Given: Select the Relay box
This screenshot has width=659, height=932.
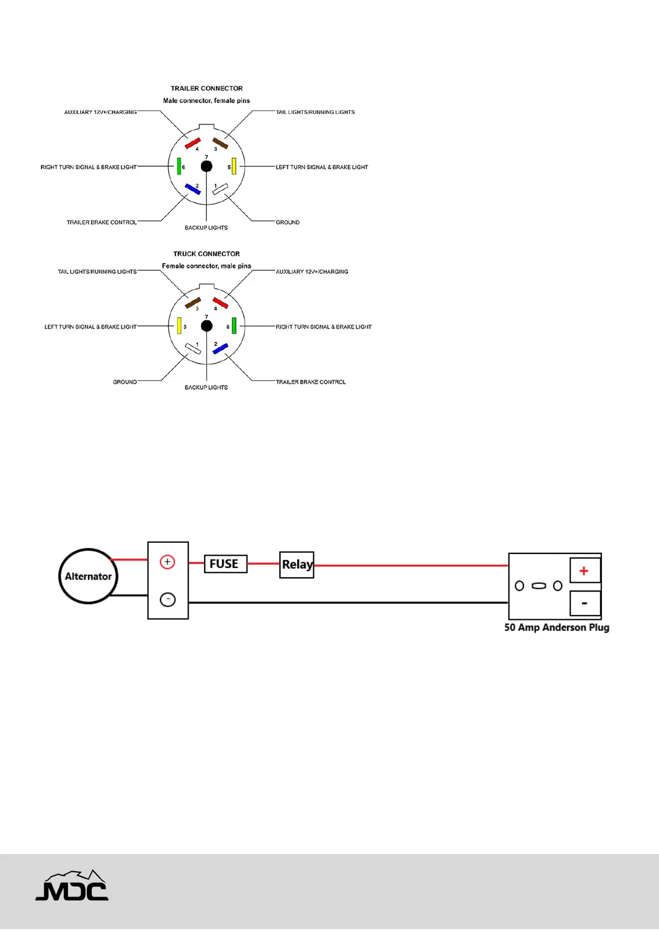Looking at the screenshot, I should pyautogui.click(x=297, y=565).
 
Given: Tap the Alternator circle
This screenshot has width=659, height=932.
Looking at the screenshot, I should pyautogui.click(x=88, y=576).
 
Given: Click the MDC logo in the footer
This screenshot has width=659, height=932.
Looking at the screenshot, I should pyautogui.click(x=72, y=886).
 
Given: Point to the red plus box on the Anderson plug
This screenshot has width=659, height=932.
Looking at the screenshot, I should pyautogui.click(x=584, y=571).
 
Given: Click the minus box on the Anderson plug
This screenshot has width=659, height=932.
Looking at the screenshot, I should pyautogui.click(x=584, y=603).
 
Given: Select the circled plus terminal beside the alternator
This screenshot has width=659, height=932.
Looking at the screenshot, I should pyautogui.click(x=167, y=562).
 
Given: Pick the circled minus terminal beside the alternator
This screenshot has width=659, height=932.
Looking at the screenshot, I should pyautogui.click(x=168, y=599).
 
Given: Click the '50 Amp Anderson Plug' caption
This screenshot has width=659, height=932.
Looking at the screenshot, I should pyautogui.click(x=557, y=628).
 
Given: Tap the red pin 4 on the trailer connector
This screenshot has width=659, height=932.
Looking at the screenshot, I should pyautogui.click(x=193, y=144).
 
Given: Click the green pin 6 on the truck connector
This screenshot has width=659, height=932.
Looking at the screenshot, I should pyautogui.click(x=234, y=325).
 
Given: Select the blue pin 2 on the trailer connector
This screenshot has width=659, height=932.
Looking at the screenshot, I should pyautogui.click(x=193, y=189).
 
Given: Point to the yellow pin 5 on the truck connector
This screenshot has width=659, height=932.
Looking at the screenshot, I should pyautogui.click(x=179, y=325).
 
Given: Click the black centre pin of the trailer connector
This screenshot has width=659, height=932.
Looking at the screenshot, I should pyautogui.click(x=206, y=166).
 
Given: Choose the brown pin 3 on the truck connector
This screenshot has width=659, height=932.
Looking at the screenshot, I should pyautogui.click(x=193, y=303).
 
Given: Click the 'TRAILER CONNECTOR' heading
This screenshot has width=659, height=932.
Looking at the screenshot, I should pyautogui.click(x=206, y=89).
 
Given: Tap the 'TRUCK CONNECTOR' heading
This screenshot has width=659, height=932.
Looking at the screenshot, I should pyautogui.click(x=206, y=254).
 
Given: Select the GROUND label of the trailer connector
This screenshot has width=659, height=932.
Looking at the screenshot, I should pyautogui.click(x=288, y=222).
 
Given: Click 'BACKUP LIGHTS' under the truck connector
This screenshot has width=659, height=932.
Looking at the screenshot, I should pyautogui.click(x=206, y=387).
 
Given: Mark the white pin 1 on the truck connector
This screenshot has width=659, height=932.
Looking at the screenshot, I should pyautogui.click(x=193, y=349).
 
